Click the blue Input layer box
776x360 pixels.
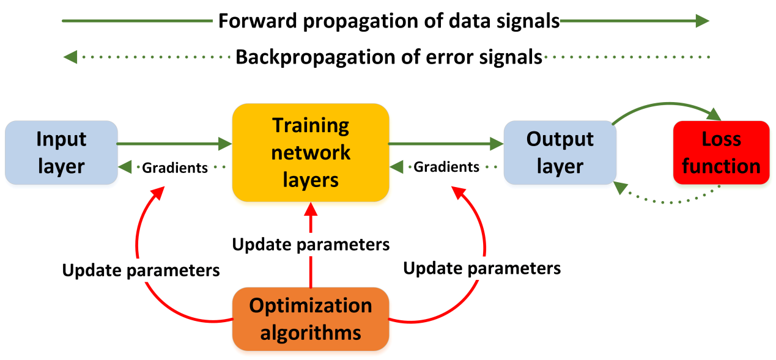coord(61,152)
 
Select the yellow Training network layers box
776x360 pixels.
coord(311,152)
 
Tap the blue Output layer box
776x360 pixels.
coord(560,152)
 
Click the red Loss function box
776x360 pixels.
coord(721,152)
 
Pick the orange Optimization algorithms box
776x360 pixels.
coord(311,318)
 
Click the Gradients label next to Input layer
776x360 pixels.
coord(175,167)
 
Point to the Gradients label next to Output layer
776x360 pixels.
coord(446,167)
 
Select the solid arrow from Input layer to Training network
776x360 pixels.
coord(174,144)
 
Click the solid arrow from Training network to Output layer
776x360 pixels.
coord(446,144)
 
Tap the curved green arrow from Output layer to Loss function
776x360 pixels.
coord(667,105)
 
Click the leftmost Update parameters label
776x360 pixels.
coord(141,270)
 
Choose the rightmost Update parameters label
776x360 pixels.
coord(482,268)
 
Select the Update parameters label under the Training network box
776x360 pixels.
coord(311,244)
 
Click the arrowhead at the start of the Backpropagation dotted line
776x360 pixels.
coord(71,57)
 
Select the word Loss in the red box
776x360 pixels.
coord(721,139)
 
